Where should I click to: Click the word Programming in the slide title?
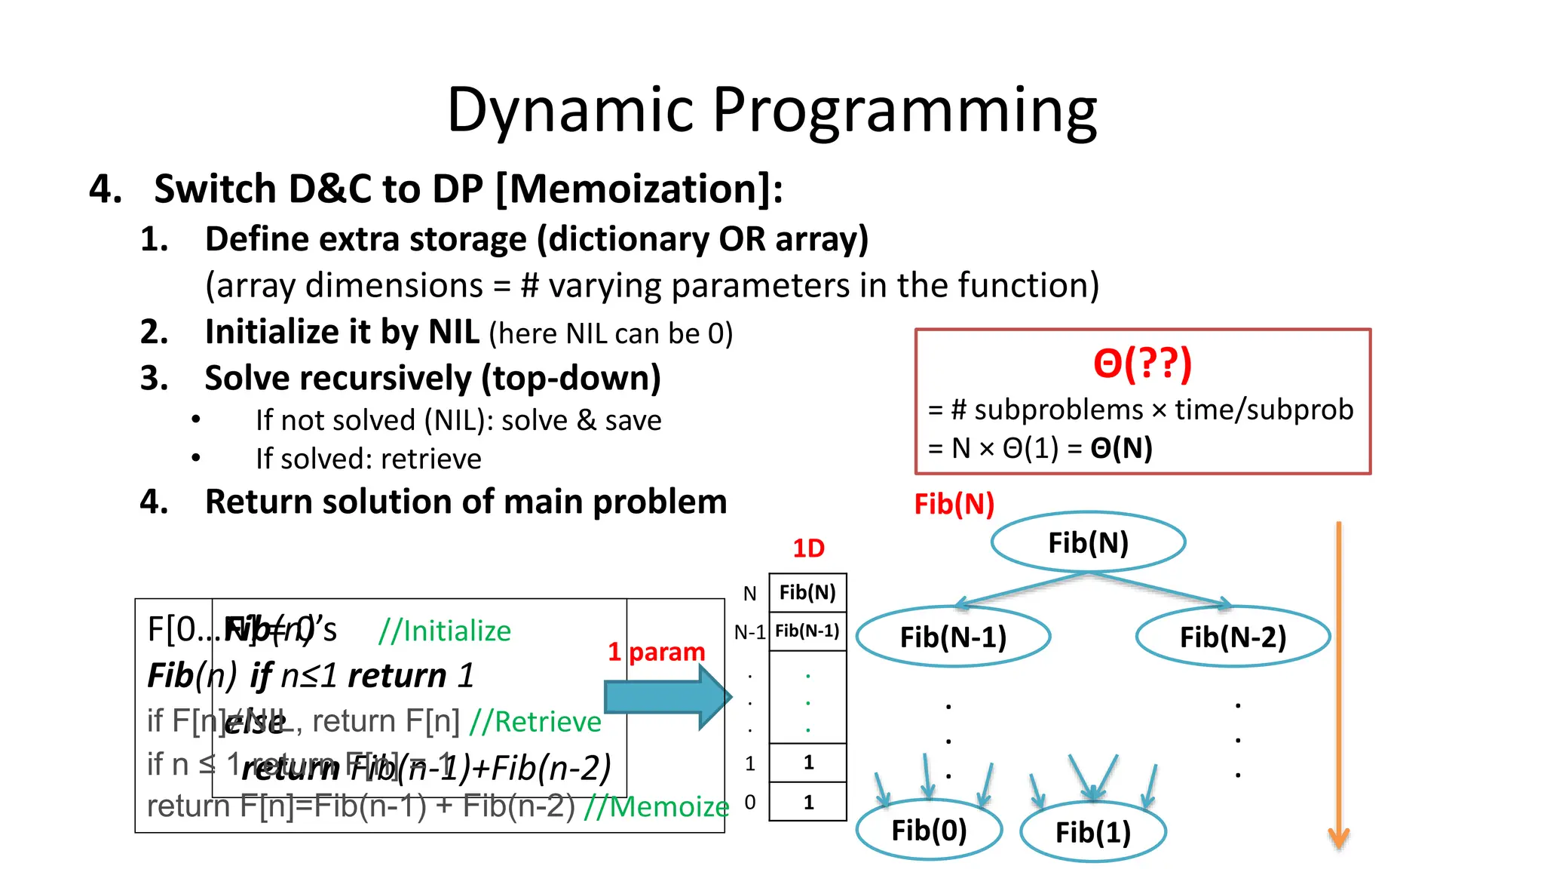904,111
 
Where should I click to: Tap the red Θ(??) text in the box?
1142,364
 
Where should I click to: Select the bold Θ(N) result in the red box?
1121,449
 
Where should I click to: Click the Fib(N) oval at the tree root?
1088,542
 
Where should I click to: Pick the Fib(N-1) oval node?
953,637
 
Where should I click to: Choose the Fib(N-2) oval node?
1233,637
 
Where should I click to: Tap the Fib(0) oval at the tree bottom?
929,831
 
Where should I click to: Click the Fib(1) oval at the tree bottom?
1092,832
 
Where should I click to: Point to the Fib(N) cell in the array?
807,593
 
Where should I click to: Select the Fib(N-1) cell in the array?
807,631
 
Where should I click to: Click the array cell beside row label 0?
807,802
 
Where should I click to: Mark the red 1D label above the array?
808,548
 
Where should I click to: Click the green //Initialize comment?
445,631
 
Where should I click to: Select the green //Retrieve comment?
535,722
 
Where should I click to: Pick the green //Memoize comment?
656,806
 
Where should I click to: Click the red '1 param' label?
656,652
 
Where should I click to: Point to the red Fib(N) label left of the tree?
954,504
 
